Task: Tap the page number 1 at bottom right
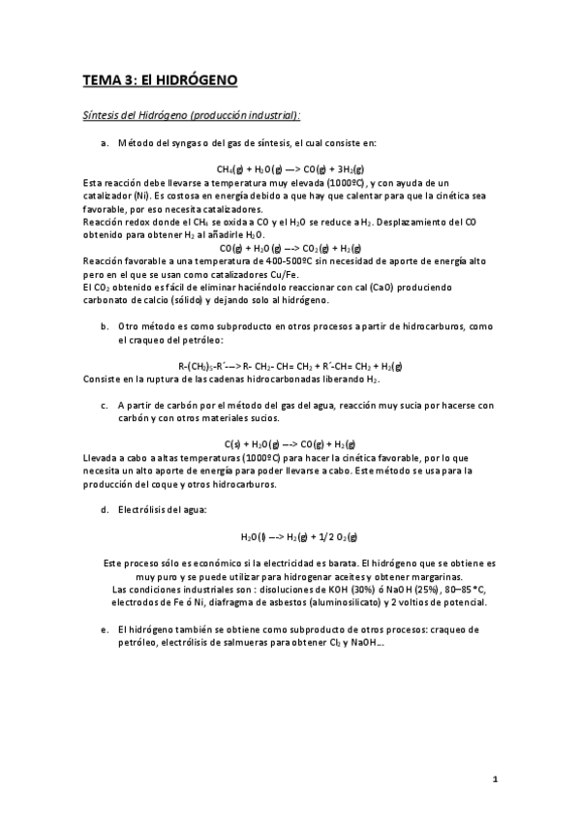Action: [493, 779]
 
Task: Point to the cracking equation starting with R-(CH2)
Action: [290, 365]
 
